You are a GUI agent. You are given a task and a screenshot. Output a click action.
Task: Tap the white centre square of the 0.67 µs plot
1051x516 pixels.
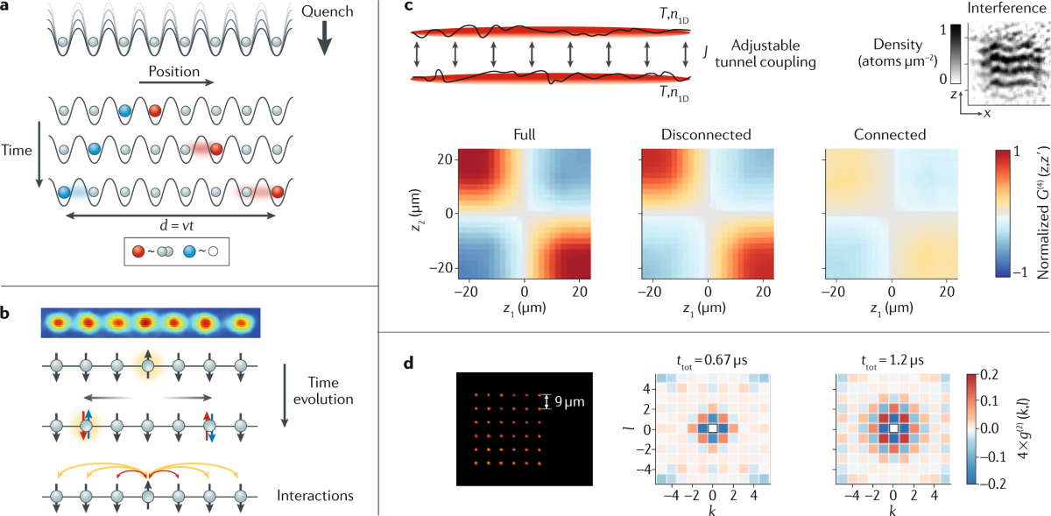(714, 428)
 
